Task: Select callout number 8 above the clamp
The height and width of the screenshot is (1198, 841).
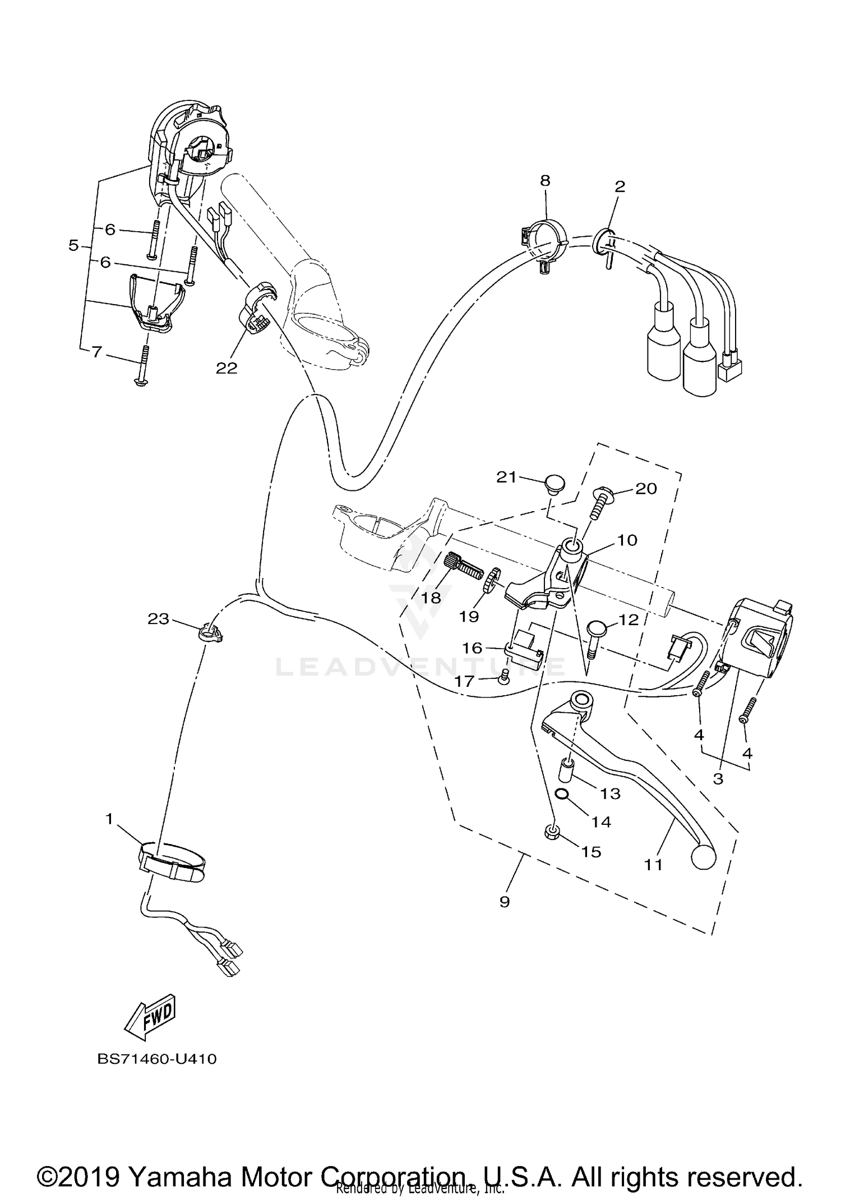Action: (545, 180)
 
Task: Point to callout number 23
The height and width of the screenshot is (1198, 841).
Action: (158, 618)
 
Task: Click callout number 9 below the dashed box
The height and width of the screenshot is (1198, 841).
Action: (505, 902)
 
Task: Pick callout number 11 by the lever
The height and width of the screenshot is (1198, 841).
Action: (653, 865)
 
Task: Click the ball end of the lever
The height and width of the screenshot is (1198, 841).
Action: (704, 857)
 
